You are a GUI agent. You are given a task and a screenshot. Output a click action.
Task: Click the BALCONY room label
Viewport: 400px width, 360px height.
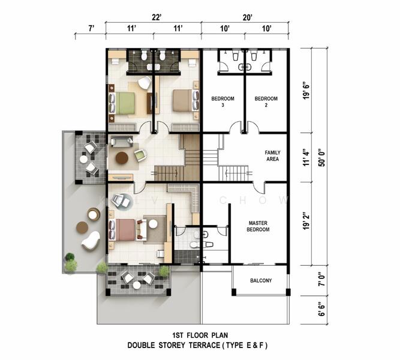(261, 281)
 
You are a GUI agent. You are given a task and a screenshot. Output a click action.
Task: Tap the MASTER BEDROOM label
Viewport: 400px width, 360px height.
(258, 226)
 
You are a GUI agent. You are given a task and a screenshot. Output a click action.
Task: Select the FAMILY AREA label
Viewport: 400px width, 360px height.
(272, 156)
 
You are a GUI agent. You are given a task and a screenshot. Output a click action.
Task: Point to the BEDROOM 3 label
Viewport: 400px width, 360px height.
(222, 101)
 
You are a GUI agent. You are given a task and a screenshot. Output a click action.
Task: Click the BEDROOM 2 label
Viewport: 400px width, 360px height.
(266, 101)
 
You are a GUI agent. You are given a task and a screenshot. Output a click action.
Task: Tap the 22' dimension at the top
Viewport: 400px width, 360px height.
(156, 17)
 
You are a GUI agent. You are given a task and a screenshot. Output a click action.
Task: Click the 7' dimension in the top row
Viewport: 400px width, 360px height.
(91, 28)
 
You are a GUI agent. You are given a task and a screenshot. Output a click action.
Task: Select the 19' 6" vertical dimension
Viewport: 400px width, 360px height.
(306, 91)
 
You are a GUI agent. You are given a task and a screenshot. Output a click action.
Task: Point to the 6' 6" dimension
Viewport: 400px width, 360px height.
(322, 310)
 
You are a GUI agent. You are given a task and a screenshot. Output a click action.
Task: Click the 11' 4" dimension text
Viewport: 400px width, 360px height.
(306, 158)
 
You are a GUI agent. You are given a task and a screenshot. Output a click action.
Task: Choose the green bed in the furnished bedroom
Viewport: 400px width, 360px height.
(122, 103)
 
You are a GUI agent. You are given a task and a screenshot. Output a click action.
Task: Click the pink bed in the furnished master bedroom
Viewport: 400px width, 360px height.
(122, 230)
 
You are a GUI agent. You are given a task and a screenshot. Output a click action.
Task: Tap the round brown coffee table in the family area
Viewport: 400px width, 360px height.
(122, 158)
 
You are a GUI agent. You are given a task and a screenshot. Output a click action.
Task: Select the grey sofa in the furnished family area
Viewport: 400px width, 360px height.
(121, 142)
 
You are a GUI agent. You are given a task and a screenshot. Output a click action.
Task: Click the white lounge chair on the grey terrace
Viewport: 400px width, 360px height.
(91, 240)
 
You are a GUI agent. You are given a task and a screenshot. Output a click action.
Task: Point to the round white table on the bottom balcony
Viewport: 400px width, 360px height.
(137, 285)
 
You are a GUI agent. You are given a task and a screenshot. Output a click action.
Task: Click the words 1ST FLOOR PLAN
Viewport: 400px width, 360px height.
(200, 335)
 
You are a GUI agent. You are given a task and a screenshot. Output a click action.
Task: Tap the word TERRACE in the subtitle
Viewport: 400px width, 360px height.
(204, 346)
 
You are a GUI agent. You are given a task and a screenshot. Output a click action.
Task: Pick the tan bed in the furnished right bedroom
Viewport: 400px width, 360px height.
(183, 100)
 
